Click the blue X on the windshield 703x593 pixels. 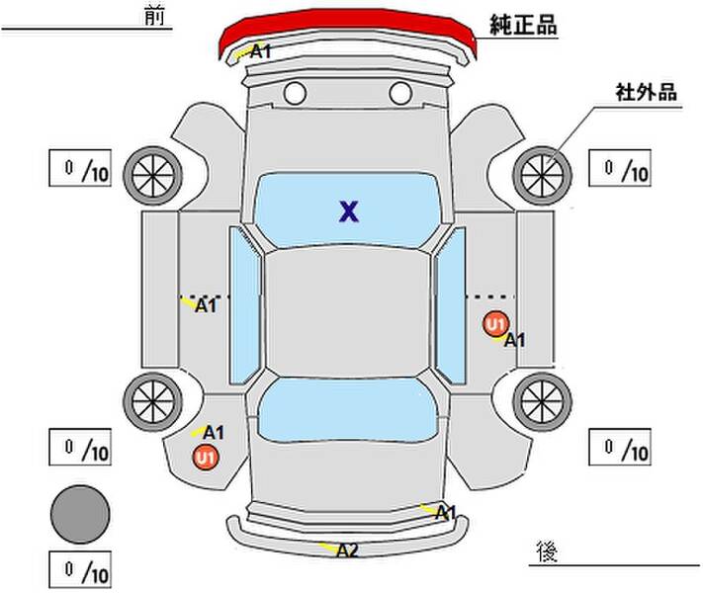[x=349, y=212]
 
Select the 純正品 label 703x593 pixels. [x=523, y=25]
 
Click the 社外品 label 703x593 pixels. [x=646, y=92]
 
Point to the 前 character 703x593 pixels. [x=154, y=16]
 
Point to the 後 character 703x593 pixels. [x=547, y=551]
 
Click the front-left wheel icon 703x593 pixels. [x=153, y=176]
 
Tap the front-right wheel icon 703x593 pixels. [x=542, y=175]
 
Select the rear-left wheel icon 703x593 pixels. [x=153, y=401]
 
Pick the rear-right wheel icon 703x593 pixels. [x=542, y=401]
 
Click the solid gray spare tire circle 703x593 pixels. [x=80, y=514]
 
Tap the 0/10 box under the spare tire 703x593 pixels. [x=80, y=569]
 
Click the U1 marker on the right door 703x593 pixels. [x=495, y=323]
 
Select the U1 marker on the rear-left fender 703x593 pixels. [x=206, y=458]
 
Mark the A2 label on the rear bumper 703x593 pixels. [x=347, y=551]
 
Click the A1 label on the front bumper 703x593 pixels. [x=260, y=51]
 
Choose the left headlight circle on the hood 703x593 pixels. [x=295, y=93]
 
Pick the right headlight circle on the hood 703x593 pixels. [x=400, y=93]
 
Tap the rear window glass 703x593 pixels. [x=348, y=409]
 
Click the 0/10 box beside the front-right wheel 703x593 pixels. [x=620, y=168]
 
